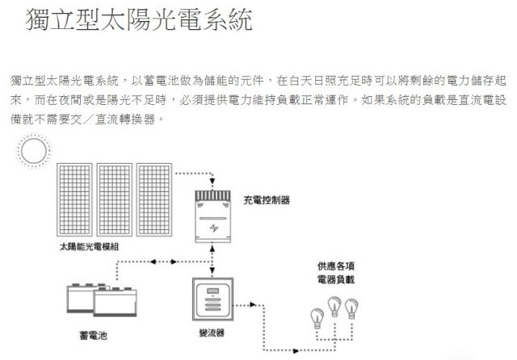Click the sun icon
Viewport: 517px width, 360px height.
pyautogui.click(x=34, y=150)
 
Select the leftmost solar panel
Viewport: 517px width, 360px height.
pyautogui.click(x=74, y=199)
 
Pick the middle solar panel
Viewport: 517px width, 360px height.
pyautogui.click(x=115, y=199)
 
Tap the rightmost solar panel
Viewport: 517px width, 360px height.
pyautogui.click(x=154, y=199)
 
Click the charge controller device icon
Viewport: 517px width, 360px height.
pyautogui.click(x=212, y=216)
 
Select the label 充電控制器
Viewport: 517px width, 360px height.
pyautogui.click(x=267, y=200)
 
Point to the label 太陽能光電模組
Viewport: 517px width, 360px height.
pyautogui.click(x=89, y=247)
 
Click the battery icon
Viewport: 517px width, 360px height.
pyautogui.click(x=102, y=299)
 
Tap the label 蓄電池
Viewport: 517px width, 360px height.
pyautogui.click(x=94, y=335)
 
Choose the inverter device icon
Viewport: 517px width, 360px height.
pyautogui.click(x=213, y=299)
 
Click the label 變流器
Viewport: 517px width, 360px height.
pyautogui.click(x=212, y=333)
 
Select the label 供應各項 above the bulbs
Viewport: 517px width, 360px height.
pyautogui.click(x=336, y=266)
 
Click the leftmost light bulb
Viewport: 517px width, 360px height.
pyautogui.click(x=317, y=318)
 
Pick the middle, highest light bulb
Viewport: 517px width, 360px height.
pyautogui.click(x=334, y=306)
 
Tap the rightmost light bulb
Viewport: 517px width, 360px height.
pyautogui.click(x=351, y=308)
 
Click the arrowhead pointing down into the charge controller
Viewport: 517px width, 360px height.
pyautogui.click(x=212, y=181)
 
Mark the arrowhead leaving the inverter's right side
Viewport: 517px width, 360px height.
pyautogui.click(x=253, y=304)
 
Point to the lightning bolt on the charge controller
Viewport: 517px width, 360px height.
pyautogui.click(x=213, y=228)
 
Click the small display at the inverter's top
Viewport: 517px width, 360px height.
pyautogui.click(x=213, y=291)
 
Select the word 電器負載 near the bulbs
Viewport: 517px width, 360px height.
pyautogui.click(x=336, y=279)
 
